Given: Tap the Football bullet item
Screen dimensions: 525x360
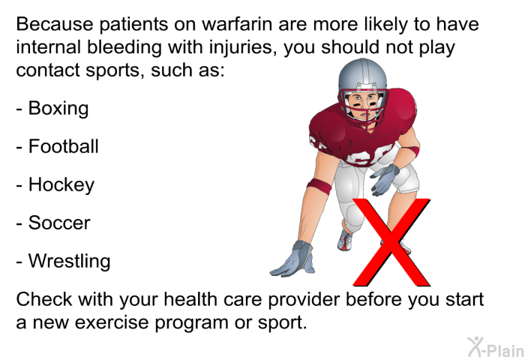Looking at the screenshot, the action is pyautogui.click(x=57, y=147).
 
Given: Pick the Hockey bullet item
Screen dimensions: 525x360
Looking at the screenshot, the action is pyautogui.click(x=55, y=185).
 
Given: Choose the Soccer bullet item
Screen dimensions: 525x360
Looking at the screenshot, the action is pyautogui.click(x=53, y=223).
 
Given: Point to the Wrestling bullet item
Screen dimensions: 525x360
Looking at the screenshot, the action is pyautogui.click(x=63, y=261).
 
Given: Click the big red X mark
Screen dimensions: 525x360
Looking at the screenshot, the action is pyautogui.click(x=391, y=241).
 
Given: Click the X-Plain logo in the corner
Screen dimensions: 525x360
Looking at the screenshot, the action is pyautogui.click(x=496, y=347).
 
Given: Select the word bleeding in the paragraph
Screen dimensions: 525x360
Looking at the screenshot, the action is pyautogui.click(x=124, y=47).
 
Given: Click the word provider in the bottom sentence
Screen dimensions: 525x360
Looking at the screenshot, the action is pyautogui.click(x=304, y=299).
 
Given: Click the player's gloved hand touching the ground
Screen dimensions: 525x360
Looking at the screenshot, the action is pyautogui.click(x=293, y=259).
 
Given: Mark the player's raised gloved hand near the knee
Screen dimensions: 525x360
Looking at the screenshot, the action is pyautogui.click(x=385, y=179).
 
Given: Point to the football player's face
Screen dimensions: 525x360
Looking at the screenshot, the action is pyautogui.click(x=362, y=104).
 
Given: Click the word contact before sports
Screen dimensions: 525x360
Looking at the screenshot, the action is pyautogui.click(x=48, y=70).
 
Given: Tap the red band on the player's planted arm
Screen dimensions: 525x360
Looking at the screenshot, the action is pyautogui.click(x=319, y=186).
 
